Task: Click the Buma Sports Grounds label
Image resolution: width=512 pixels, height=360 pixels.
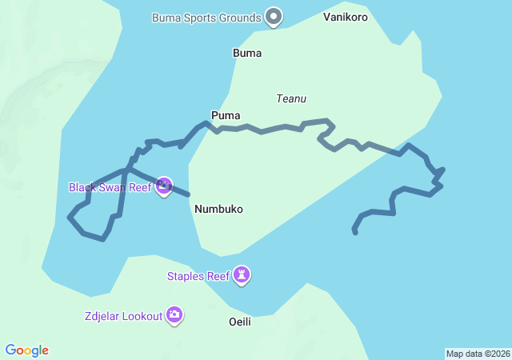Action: tap(206, 17)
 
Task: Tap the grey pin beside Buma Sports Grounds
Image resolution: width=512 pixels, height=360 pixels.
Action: tap(274, 16)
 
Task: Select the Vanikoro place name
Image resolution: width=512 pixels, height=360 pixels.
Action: tap(346, 16)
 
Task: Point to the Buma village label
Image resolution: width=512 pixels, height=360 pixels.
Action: tap(247, 54)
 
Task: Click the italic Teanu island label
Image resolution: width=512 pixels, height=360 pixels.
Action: tap(291, 99)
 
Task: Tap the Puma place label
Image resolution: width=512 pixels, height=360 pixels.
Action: tap(226, 116)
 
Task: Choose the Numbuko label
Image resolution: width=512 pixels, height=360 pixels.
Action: tap(218, 209)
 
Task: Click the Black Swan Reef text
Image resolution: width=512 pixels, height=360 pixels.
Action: tap(110, 187)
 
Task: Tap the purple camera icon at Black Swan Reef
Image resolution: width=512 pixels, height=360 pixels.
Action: tap(164, 186)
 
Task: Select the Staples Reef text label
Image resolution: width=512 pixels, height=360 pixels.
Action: tap(198, 277)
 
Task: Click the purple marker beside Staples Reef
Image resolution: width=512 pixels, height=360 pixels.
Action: tap(242, 276)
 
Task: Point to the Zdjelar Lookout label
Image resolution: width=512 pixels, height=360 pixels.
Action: tap(123, 316)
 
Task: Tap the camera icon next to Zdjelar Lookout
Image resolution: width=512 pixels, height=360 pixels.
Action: tap(174, 315)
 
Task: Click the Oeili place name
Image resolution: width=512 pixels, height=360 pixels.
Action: tap(240, 322)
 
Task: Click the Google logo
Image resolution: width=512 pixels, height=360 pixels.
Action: tap(27, 350)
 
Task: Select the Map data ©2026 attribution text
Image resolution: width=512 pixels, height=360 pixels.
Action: tap(478, 354)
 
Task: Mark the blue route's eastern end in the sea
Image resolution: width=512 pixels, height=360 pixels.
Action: tap(354, 232)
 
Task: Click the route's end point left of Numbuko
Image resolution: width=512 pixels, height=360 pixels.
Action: tap(189, 194)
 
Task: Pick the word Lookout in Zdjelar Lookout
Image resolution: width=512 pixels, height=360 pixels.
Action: tap(141, 316)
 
